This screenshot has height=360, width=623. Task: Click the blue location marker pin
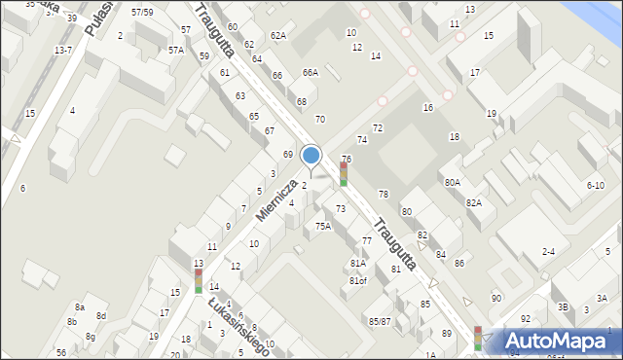pyautogui.click(x=311, y=157)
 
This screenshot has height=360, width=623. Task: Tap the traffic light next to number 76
pyautogui.click(x=343, y=174)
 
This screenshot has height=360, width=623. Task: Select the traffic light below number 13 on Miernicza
pyautogui.click(x=199, y=280)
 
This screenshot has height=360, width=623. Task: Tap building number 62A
pyautogui.click(x=278, y=36)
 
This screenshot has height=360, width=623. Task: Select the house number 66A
pyautogui.click(x=310, y=72)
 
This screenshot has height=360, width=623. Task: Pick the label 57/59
pyautogui.click(x=142, y=12)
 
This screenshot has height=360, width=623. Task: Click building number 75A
pyautogui.click(x=322, y=226)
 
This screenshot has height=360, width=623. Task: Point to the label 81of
pyautogui.click(x=358, y=281)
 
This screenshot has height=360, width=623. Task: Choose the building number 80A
pyautogui.click(x=452, y=182)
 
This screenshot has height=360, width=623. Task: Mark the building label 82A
pyautogui.click(x=473, y=202)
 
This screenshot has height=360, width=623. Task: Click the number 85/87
pyautogui.click(x=379, y=321)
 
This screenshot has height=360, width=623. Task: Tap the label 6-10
pyautogui.click(x=595, y=185)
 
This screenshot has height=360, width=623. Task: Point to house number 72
pyautogui.click(x=378, y=128)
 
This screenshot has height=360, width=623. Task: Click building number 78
pyautogui.click(x=383, y=195)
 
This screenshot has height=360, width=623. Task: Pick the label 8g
pyautogui.click(x=90, y=337)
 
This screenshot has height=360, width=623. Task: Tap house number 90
pyautogui.click(x=496, y=298)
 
